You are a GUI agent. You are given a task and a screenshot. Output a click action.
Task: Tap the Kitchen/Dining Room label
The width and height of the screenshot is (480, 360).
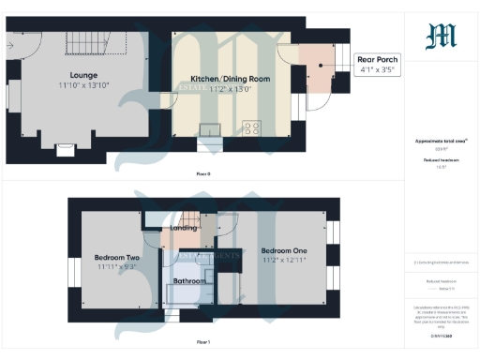coord(231,80)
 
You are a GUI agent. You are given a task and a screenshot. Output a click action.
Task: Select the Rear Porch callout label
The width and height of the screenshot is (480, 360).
coord(379,58)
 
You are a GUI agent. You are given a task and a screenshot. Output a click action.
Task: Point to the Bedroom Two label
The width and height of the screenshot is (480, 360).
coord(117,257)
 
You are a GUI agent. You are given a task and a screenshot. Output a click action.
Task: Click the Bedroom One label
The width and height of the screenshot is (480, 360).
coord(282,250)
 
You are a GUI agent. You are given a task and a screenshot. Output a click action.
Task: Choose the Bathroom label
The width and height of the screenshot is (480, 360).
coord(190,281)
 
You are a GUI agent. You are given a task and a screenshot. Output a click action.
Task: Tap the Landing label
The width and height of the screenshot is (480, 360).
coord(184,228)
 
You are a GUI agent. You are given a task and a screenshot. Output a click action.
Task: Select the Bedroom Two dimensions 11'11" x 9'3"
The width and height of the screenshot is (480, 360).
coord(117,267)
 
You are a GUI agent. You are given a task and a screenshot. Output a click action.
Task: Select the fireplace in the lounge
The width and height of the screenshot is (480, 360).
coord(66,148)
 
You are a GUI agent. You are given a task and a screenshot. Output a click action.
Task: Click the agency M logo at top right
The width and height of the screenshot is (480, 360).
coord(441,35)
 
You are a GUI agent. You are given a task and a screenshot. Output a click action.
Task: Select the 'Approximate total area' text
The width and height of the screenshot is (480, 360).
coord(441,142)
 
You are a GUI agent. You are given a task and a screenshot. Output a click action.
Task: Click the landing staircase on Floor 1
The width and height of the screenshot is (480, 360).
coord(191,217)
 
